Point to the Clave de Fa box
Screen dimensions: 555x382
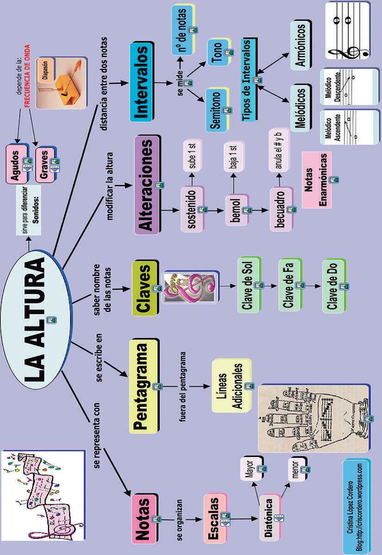point(289,285)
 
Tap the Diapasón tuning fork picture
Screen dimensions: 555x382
point(61,83)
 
